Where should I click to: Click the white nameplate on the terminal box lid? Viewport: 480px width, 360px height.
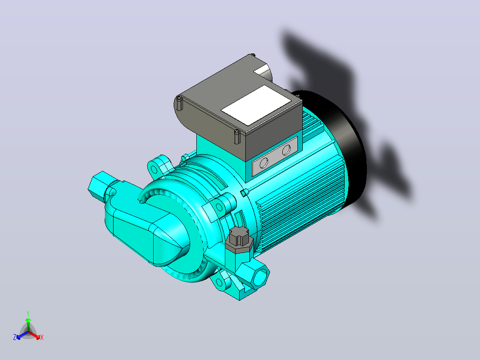[256, 105]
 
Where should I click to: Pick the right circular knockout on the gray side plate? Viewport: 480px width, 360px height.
[287, 150]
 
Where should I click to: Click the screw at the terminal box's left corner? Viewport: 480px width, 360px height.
[179, 103]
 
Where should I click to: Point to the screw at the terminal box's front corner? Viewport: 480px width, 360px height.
[237, 137]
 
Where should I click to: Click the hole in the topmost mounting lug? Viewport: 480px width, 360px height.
[154, 169]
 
